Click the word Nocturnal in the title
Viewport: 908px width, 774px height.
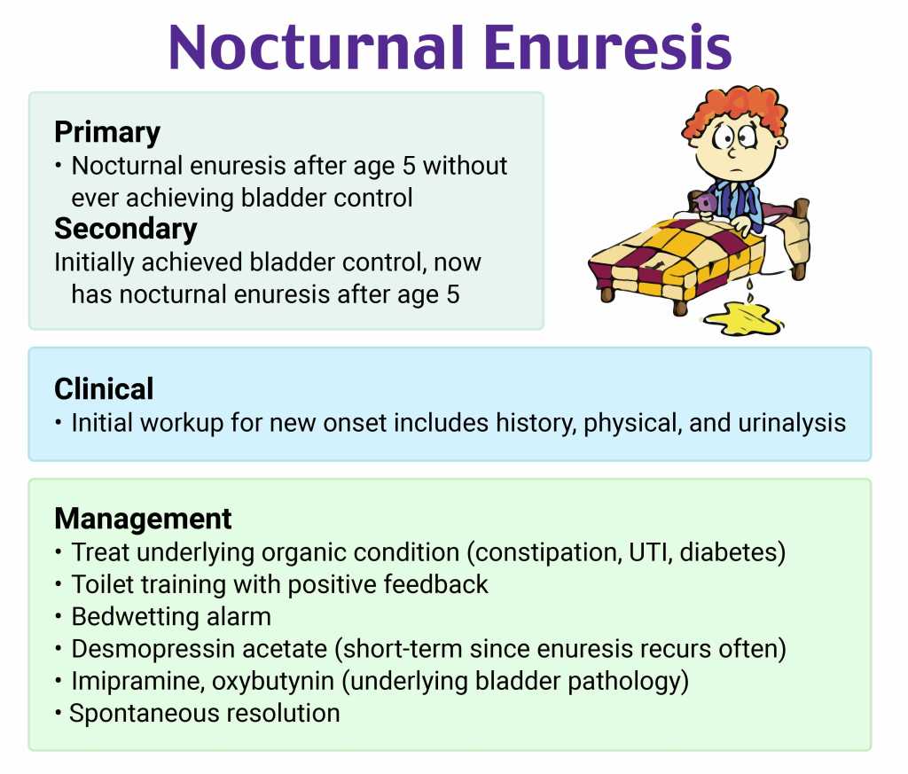tap(317, 48)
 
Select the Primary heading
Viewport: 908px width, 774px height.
tap(107, 133)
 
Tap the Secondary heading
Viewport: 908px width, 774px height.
tap(126, 229)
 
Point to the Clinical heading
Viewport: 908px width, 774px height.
tap(105, 389)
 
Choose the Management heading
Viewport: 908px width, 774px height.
tap(143, 519)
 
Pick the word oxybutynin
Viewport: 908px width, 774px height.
tap(273, 682)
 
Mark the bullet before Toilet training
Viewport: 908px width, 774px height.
tap(59, 584)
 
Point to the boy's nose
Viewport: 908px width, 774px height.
tap(732, 152)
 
